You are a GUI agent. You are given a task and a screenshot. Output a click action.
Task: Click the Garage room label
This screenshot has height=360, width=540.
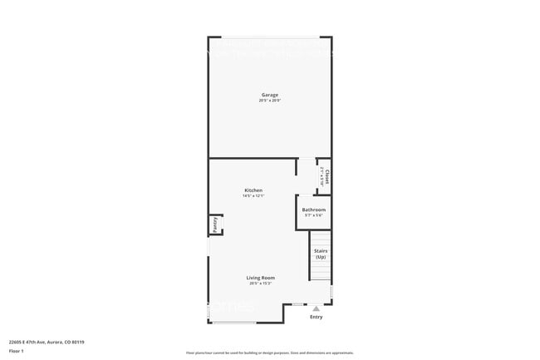pos(269,95)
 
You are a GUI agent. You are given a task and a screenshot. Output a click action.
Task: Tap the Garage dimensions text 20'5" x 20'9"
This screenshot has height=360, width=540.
pos(269,101)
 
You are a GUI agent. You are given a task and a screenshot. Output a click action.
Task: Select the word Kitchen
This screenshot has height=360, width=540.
pos(253,190)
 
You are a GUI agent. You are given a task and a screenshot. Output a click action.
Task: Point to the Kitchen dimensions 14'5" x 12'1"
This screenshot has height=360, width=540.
pos(253,196)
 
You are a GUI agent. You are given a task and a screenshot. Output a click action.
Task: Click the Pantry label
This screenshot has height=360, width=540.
pos(214,224)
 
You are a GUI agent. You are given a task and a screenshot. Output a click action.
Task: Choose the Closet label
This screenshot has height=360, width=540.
pos(327,176)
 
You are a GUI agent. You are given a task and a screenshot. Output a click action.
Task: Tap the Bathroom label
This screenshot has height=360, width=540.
pos(313,210)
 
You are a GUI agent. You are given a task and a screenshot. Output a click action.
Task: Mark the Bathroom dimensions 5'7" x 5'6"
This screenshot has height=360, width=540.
pos(313,215)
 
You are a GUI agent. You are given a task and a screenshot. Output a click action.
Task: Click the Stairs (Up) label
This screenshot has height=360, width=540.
pos(320,253)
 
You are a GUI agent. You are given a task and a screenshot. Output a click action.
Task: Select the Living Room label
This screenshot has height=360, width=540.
pos(260,278)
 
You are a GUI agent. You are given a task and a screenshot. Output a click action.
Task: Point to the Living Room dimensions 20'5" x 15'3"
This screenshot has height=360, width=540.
pos(260,284)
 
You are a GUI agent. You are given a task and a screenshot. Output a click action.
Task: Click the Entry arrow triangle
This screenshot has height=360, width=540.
pos(316,308)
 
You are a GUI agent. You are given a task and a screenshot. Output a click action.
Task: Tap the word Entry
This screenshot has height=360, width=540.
pos(316,317)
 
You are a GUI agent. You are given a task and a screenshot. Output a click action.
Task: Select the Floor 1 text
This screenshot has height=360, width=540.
pos(16,352)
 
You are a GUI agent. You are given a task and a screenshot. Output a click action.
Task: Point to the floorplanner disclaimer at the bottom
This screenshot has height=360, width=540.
pos(269,353)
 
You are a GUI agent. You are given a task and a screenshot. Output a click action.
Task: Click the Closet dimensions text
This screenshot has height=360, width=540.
pos(322,176)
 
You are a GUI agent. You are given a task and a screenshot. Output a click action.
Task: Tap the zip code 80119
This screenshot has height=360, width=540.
pos(79,342)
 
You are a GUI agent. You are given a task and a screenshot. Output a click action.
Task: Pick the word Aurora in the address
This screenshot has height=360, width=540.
pos(56,342)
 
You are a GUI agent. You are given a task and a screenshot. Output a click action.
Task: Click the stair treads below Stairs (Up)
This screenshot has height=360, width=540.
pos(320,271)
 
